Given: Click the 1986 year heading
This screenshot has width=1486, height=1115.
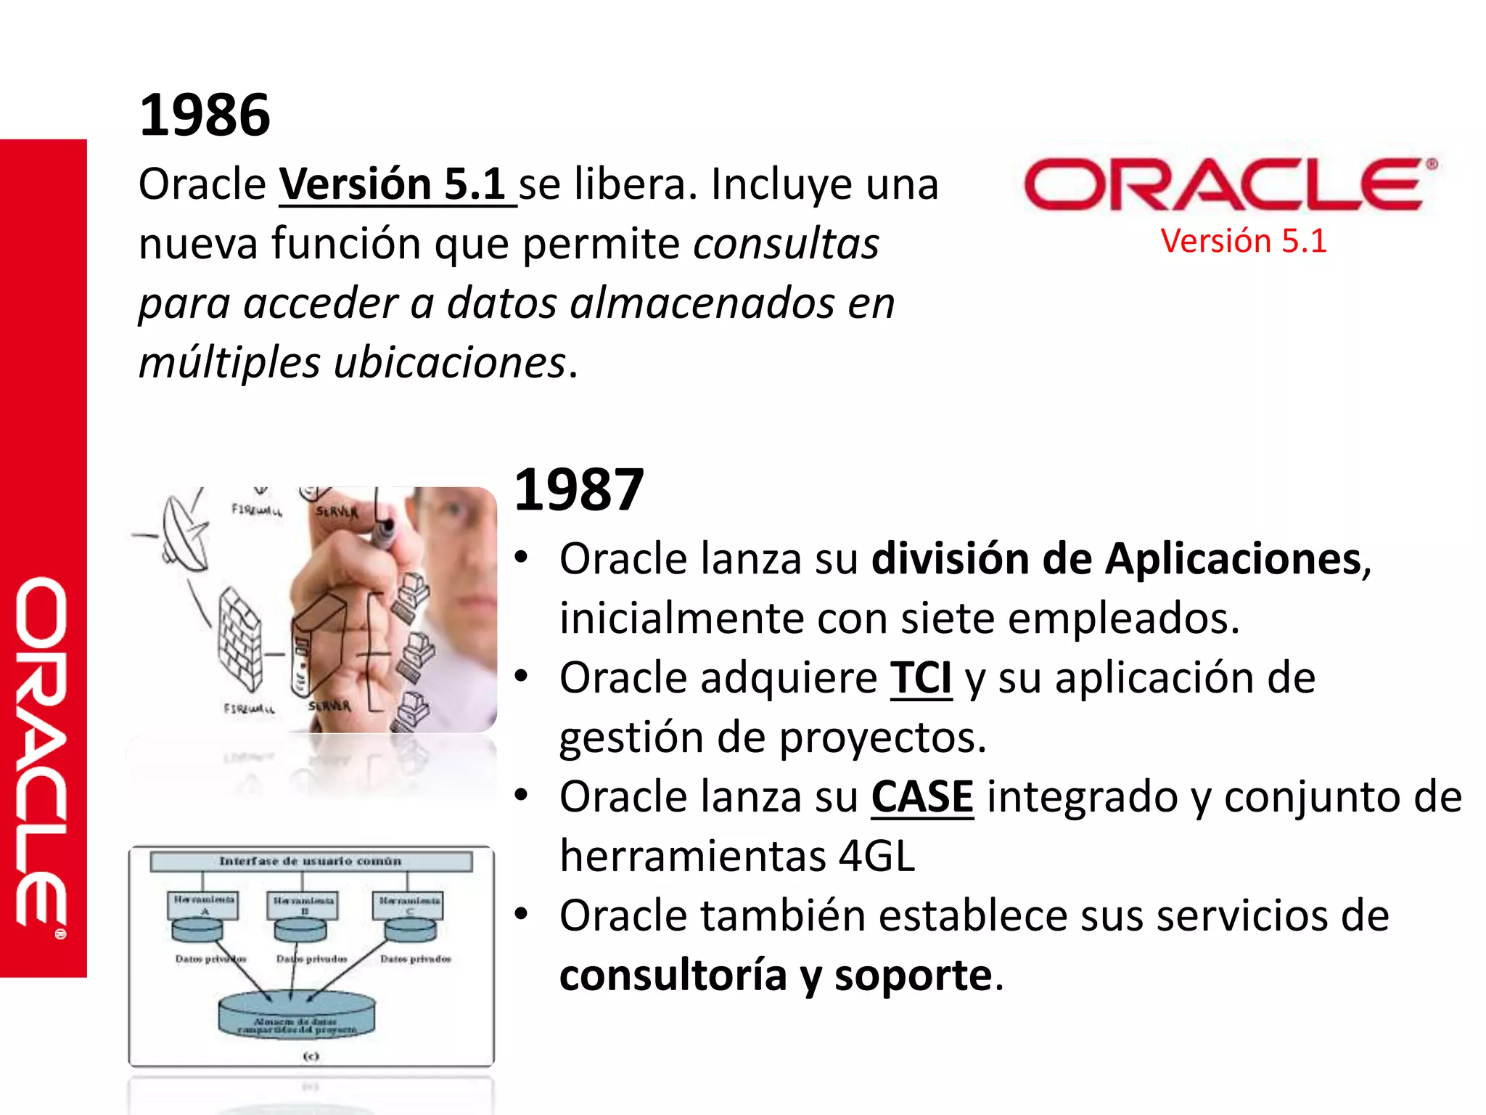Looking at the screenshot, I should pos(205,115).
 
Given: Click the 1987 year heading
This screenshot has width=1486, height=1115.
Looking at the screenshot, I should pos(579,490).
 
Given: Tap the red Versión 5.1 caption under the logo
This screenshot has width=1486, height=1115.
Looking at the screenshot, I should pos(1243,241).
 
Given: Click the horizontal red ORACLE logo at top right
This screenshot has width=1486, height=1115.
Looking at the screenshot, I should pos(1229,184).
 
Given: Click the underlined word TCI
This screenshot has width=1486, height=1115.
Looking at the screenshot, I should pos(921,678).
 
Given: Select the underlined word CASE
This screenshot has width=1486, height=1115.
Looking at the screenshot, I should pos(922,797).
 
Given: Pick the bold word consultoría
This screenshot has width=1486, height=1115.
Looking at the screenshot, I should pos(673,976).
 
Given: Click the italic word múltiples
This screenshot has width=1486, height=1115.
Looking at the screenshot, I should pos(229,362).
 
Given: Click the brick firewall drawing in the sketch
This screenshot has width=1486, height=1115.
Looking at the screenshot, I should pos(239,639).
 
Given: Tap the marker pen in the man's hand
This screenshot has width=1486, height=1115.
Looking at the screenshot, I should pos(385,530).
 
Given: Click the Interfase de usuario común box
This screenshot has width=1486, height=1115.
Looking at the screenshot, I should pos(311,862).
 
